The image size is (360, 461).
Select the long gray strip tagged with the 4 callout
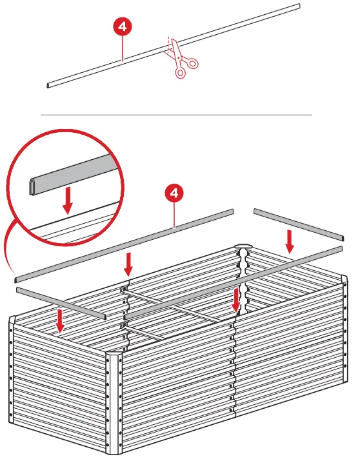[x=123, y=246]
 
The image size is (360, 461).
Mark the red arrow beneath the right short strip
[x=290, y=241]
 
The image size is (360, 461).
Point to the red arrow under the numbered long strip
[x=129, y=263]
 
